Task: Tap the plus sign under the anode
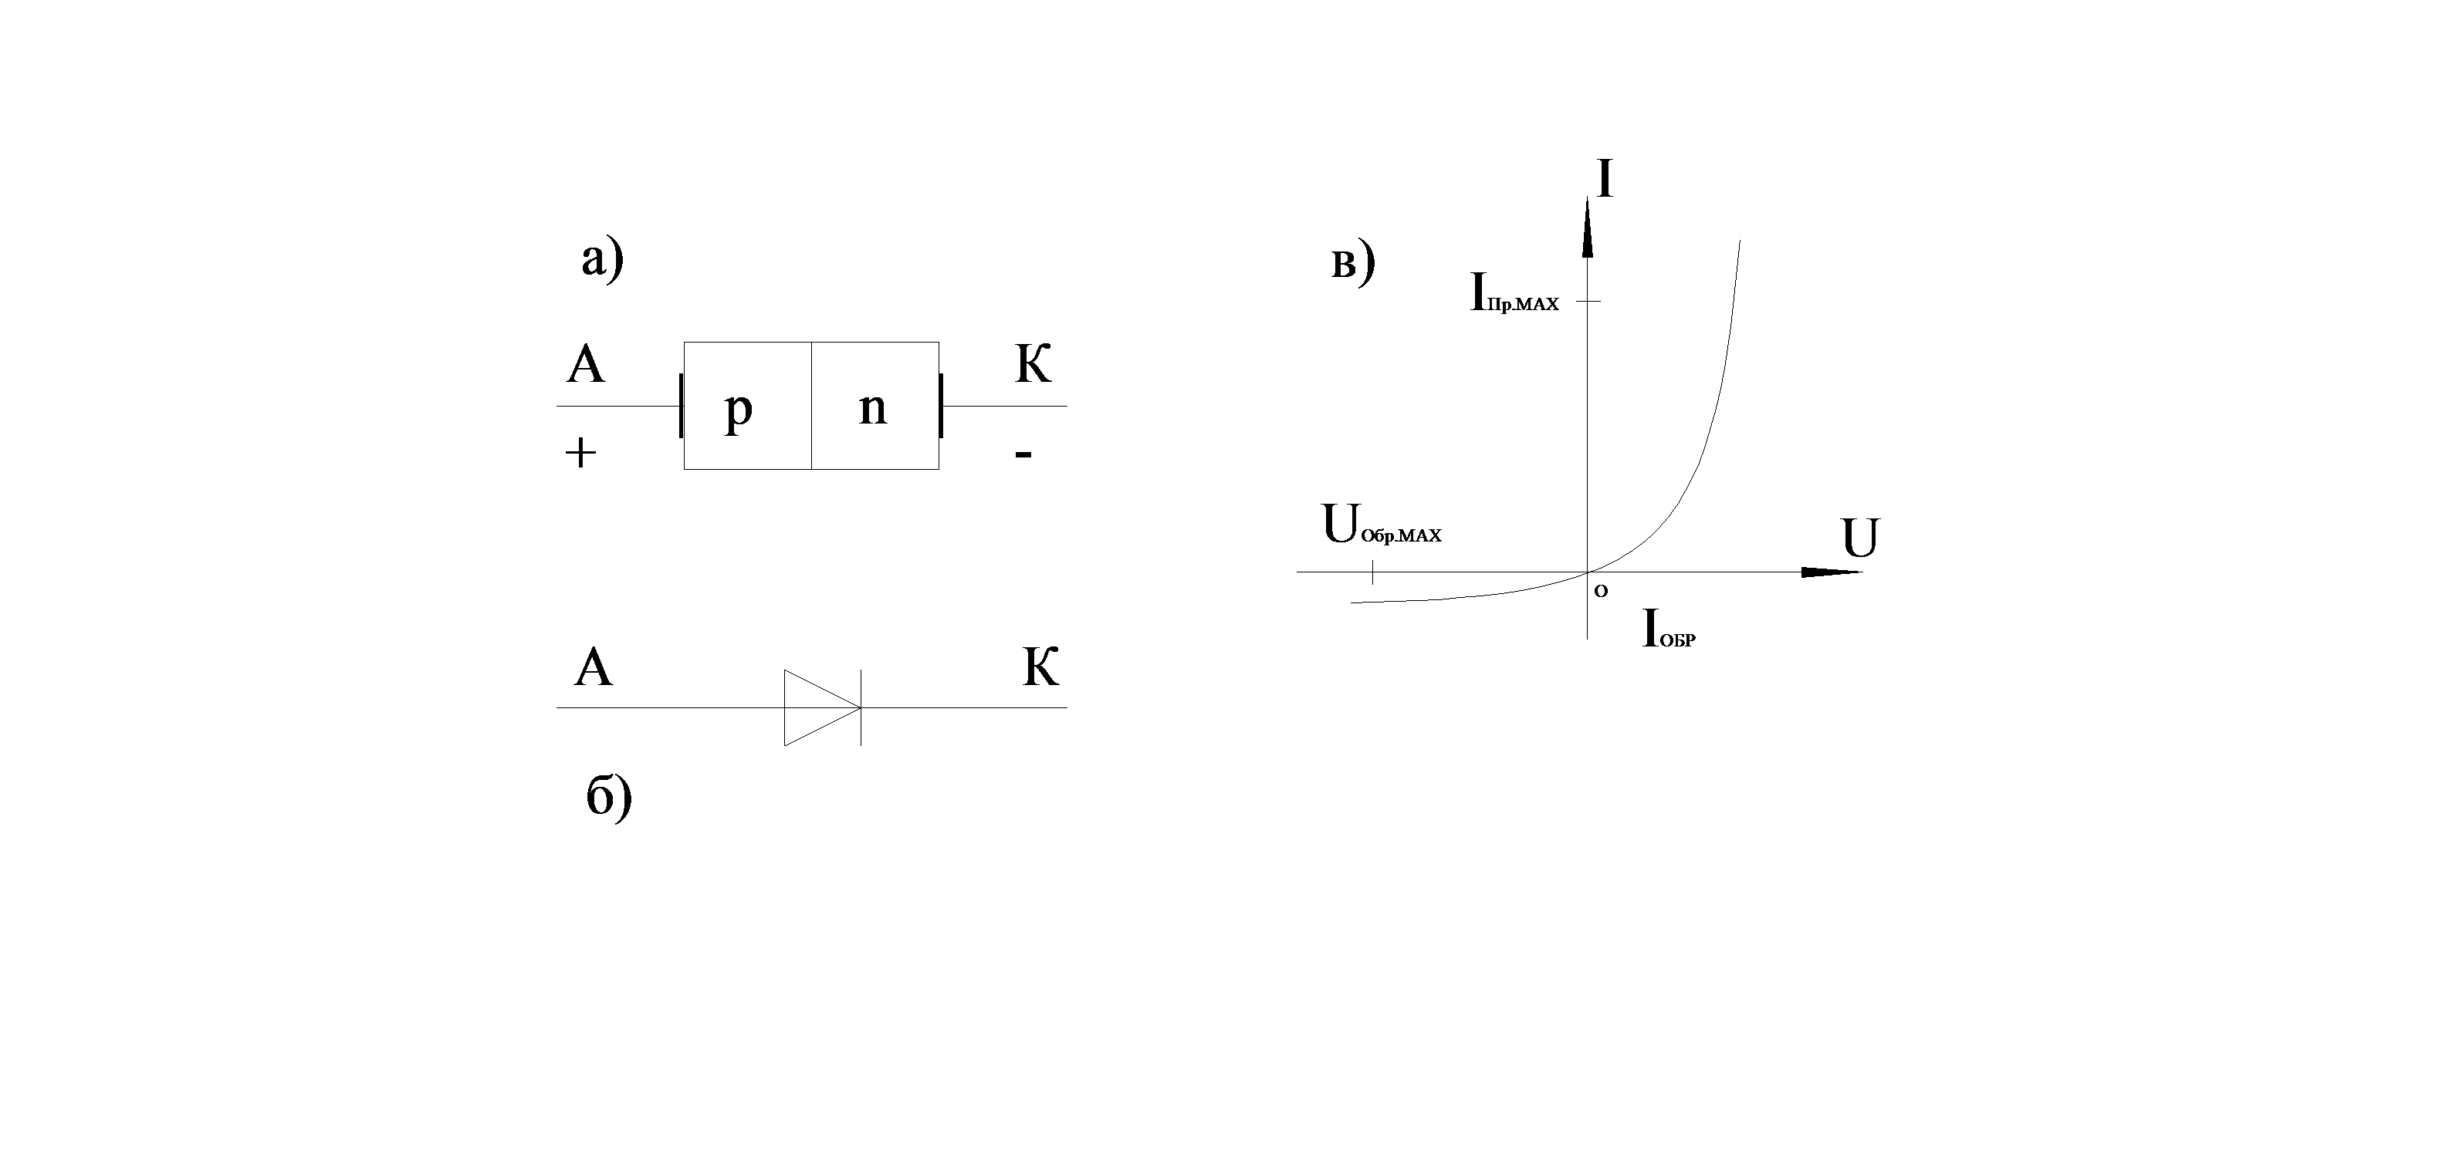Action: click(x=580, y=453)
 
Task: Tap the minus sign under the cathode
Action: click(x=1023, y=454)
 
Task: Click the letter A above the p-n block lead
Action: click(x=585, y=364)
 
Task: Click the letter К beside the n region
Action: click(x=1033, y=364)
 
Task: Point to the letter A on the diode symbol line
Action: click(x=593, y=668)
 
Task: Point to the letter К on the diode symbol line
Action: click(x=1041, y=668)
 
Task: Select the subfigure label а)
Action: click(x=603, y=259)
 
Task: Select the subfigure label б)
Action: click(x=609, y=797)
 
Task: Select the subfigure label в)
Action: click(x=1353, y=263)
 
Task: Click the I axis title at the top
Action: click(x=1605, y=179)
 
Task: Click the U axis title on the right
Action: click(x=1860, y=538)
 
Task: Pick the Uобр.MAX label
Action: click(x=1382, y=526)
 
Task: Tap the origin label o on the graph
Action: click(x=1601, y=591)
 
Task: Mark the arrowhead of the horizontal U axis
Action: click(x=1831, y=572)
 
